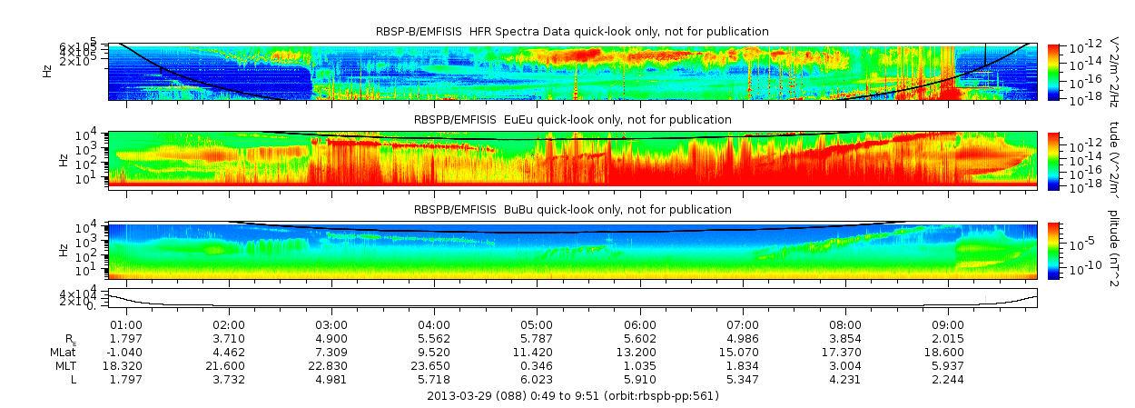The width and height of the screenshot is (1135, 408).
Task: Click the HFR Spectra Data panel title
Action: (x=572, y=32)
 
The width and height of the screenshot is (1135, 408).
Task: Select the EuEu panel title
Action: (x=572, y=120)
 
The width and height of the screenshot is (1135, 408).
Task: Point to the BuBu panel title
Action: (x=572, y=210)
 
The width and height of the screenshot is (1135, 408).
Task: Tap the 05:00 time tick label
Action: (x=537, y=324)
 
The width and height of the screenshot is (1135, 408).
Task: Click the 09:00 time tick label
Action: (x=948, y=324)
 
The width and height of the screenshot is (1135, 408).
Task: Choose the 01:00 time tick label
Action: (x=125, y=324)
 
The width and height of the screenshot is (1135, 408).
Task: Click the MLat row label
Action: (x=63, y=352)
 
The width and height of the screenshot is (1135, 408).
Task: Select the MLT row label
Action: (x=64, y=365)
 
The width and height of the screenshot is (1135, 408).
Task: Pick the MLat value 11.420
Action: (x=537, y=352)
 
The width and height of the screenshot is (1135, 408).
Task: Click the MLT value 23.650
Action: (x=434, y=365)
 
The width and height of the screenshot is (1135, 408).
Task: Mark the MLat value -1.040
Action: (x=123, y=352)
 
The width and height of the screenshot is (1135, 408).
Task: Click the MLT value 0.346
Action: (x=537, y=365)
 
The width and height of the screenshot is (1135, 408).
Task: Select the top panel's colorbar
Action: (x=1053, y=72)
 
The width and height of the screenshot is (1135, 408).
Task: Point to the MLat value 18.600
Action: (x=948, y=352)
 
